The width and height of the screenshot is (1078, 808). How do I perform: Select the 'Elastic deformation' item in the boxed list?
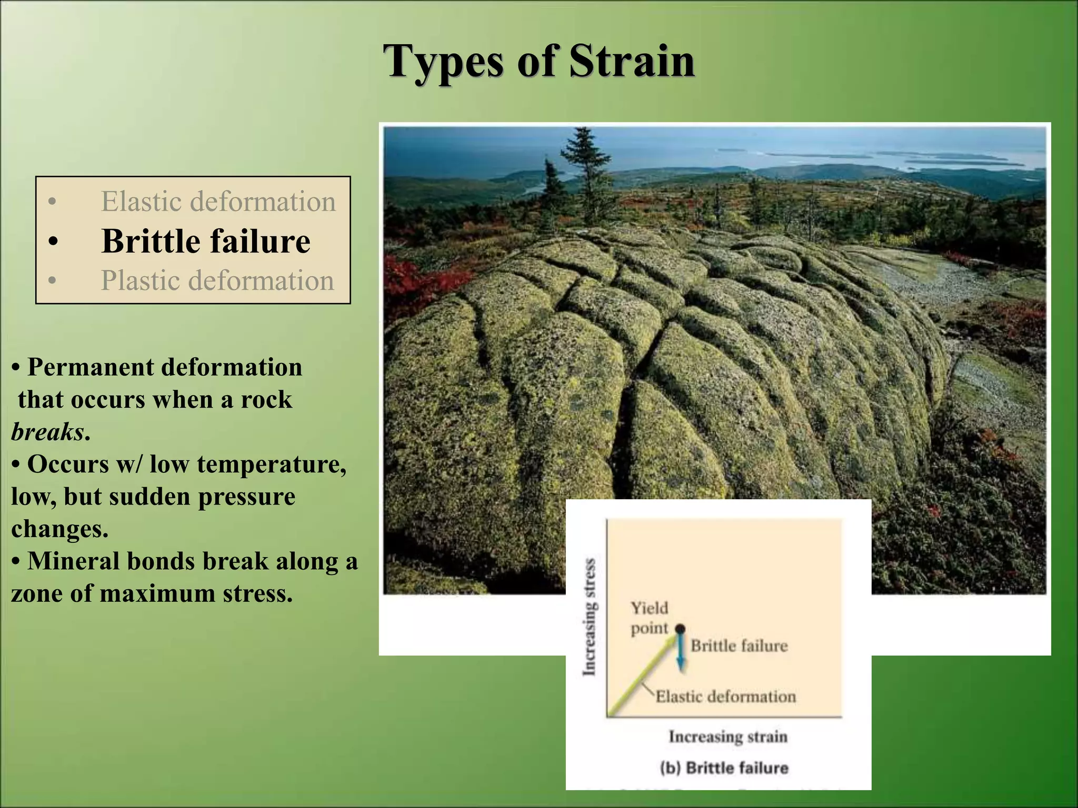click(218, 201)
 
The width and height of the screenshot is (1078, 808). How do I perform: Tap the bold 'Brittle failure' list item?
click(206, 241)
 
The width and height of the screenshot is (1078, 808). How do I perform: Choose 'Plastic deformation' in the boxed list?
click(217, 280)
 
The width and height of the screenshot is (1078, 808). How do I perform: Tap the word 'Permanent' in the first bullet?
click(85, 367)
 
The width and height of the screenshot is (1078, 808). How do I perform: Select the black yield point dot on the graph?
click(680, 629)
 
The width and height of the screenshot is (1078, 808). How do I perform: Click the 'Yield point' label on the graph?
click(650, 618)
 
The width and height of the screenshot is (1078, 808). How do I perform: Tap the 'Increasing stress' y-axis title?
click(590, 617)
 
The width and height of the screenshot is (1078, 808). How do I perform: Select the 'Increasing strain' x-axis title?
click(728, 736)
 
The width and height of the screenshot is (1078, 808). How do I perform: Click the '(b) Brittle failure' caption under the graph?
click(724, 768)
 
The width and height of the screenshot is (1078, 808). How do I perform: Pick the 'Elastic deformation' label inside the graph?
click(725, 696)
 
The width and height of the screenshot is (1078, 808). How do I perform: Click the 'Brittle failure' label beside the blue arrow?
click(739, 645)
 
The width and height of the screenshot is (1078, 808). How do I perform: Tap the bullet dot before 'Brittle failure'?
click(52, 243)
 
